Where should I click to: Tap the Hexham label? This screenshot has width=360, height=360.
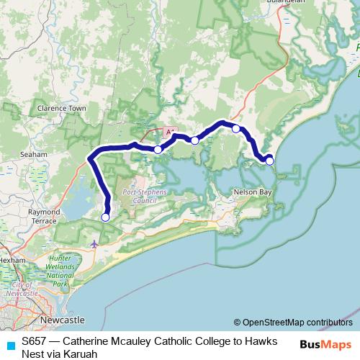pyautogui.click(x=13, y=258)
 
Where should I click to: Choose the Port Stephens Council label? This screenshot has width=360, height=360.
pyautogui.click(x=145, y=197)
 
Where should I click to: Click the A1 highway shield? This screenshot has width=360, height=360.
pyautogui.click(x=171, y=133)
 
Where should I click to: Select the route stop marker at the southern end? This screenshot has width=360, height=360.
pyautogui.click(x=105, y=217)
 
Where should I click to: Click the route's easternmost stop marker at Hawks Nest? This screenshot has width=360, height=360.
pyautogui.click(x=269, y=161)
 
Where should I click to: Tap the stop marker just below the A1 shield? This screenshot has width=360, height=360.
pyautogui.click(x=158, y=150)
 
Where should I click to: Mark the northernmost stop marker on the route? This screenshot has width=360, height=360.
pyautogui.click(x=235, y=129)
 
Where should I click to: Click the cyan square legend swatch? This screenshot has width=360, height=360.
pyautogui.click(x=10, y=345)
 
